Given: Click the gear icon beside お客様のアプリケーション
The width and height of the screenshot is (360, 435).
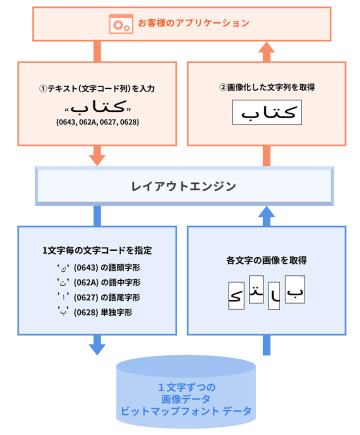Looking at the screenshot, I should click(120, 23).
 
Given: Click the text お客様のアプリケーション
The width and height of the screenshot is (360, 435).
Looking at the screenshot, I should click(193, 23).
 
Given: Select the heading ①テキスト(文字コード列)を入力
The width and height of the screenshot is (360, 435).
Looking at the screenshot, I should click(97, 88).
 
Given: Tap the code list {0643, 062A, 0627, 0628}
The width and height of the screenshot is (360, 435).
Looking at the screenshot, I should click(97, 121).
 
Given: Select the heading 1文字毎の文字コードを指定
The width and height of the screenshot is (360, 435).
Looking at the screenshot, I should click(97, 250).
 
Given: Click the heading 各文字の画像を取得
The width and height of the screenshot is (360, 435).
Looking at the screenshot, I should click(266, 260).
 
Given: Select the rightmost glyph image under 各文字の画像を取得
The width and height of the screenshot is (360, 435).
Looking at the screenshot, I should click(295, 289).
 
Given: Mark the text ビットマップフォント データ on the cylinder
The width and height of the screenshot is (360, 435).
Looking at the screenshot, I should click(185, 411).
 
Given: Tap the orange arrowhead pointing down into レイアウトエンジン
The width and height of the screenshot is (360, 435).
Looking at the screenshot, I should click(97, 158).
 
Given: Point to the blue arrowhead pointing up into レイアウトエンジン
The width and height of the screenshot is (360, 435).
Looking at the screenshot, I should click(267, 214).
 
